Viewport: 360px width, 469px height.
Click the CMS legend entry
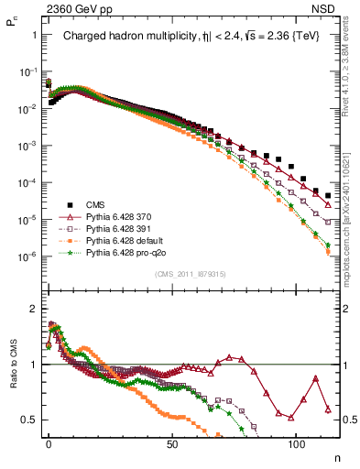99,205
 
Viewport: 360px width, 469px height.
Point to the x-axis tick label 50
172,443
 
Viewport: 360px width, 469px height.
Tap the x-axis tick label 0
49,443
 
